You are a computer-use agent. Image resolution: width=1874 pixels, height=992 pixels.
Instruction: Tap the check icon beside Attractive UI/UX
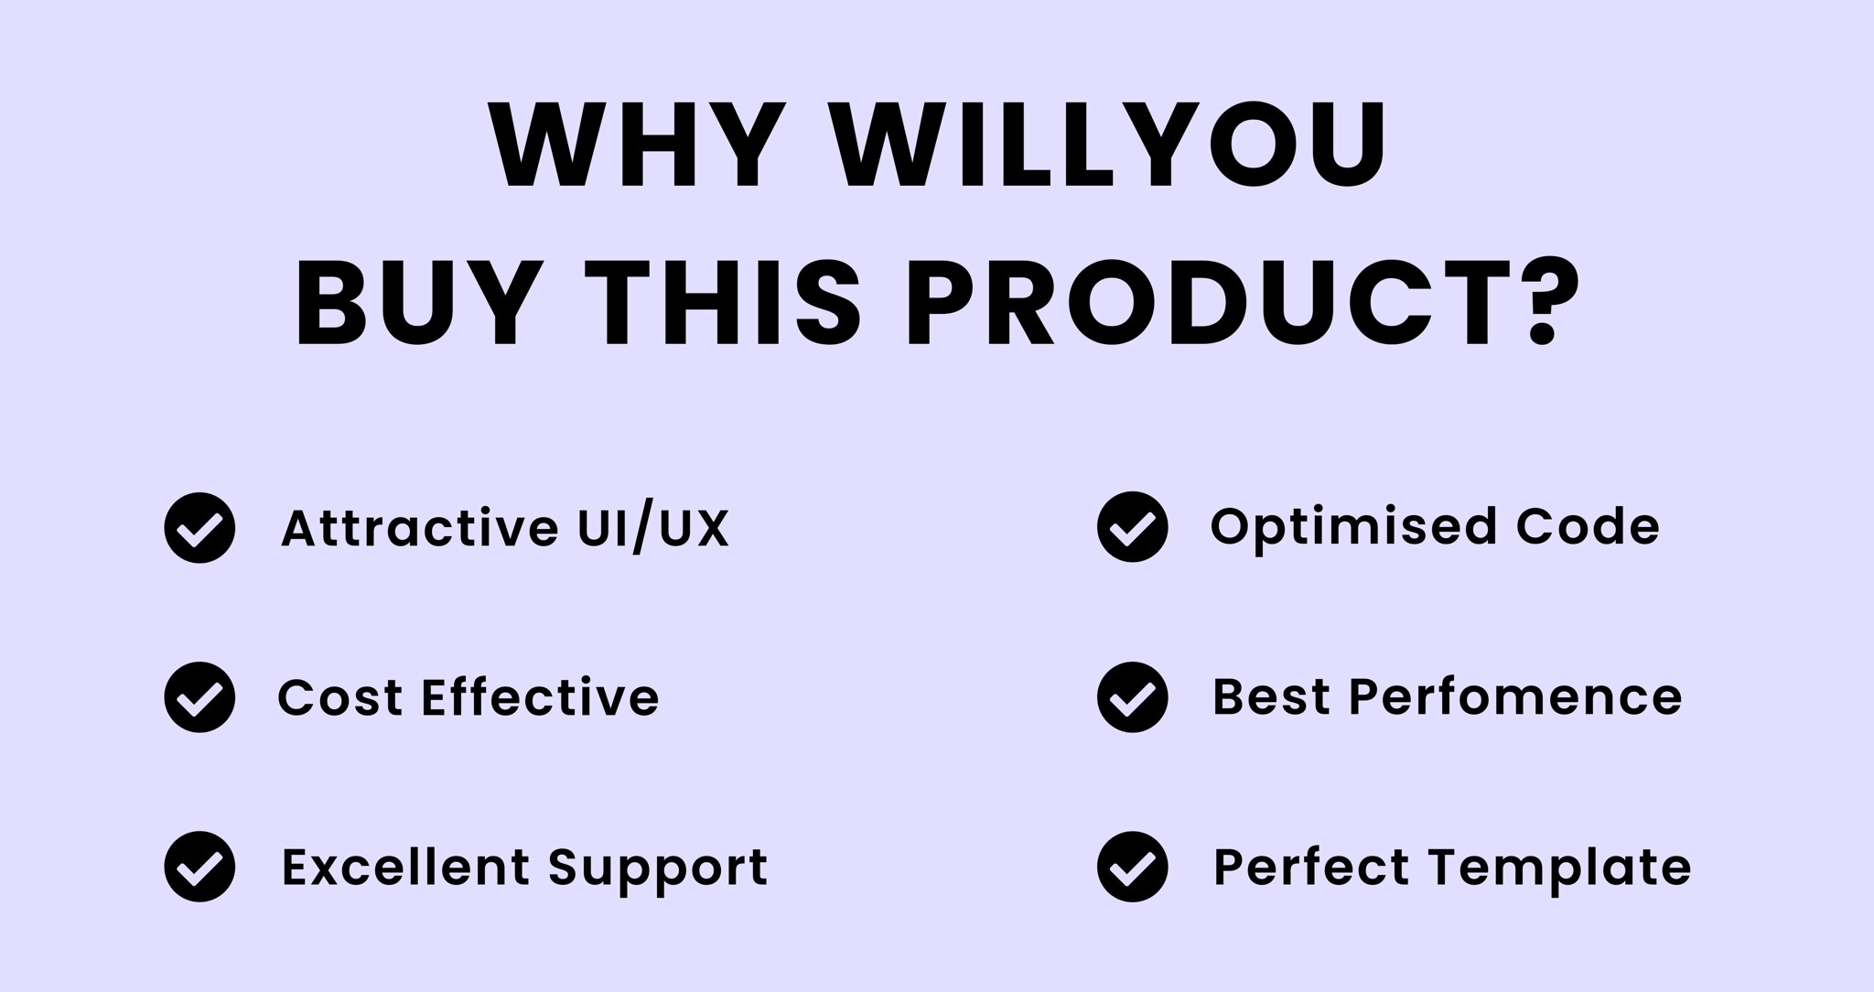(199, 527)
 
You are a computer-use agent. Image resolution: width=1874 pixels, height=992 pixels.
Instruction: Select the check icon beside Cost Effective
(199, 697)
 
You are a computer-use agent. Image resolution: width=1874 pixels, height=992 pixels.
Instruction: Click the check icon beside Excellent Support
(199, 867)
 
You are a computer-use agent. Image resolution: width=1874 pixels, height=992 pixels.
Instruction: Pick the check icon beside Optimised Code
(1132, 527)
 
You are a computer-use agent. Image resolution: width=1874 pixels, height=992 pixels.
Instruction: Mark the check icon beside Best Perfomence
(1132, 697)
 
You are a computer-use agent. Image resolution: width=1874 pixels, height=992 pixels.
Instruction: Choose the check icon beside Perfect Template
(1132, 867)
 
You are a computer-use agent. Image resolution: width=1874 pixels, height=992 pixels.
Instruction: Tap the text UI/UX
(653, 528)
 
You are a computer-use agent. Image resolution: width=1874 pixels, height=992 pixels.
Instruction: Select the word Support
(658, 868)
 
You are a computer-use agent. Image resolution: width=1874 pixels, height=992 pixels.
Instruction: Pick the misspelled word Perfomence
(1515, 696)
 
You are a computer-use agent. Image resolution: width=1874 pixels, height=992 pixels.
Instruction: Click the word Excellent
(405, 867)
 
